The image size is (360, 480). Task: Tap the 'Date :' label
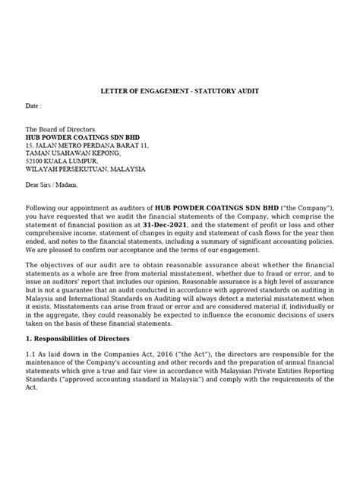point(34,107)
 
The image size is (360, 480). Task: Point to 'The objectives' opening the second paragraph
point(52,278)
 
